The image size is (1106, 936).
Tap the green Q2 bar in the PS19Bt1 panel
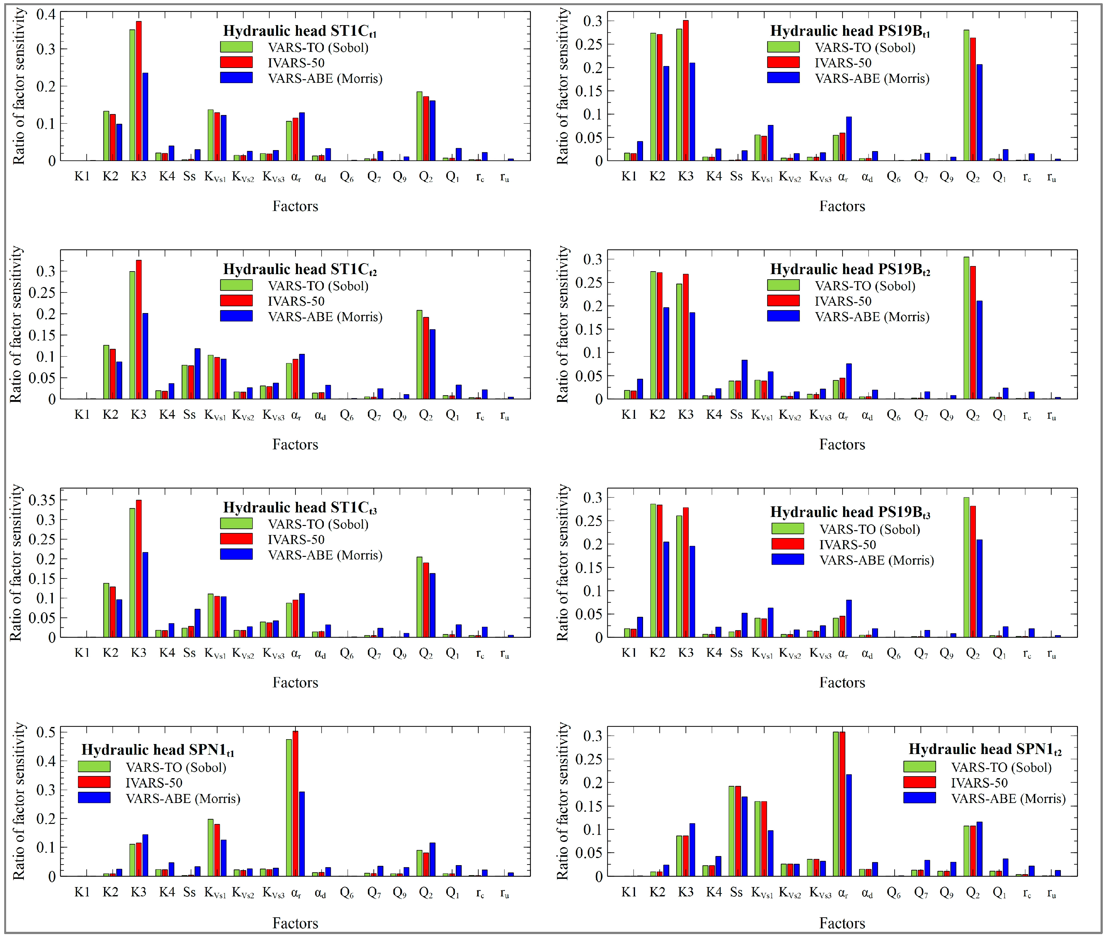coord(966,96)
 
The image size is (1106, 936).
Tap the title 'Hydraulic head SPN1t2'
coord(985,749)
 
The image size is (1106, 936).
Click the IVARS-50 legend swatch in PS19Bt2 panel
coord(783,301)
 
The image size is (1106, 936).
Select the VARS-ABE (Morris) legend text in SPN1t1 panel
coord(183,798)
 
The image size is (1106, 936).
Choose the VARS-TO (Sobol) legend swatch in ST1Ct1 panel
coord(236,47)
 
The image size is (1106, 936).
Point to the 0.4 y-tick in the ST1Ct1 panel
coord(46,14)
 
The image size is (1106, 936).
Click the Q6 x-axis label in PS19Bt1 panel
coord(894,177)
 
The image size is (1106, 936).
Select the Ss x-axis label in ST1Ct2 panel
coord(189,415)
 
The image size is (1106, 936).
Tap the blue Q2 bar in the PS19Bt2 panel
coord(979,350)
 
